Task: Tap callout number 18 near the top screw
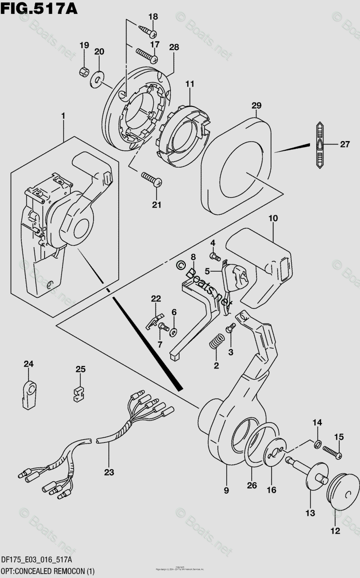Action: click(153, 17)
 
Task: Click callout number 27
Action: click(345, 144)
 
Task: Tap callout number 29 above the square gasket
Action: click(256, 105)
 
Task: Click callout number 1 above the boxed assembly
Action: click(63, 116)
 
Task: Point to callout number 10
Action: click(273, 218)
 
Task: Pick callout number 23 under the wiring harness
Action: click(109, 473)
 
